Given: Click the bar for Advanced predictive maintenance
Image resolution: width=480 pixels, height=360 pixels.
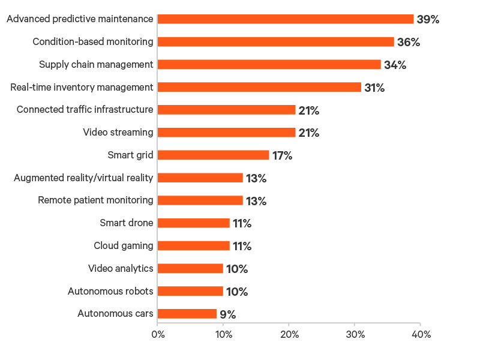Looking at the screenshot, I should (286, 19).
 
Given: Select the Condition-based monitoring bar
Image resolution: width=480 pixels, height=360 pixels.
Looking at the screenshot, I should (276, 42).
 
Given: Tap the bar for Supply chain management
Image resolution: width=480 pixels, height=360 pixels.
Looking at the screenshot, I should (269, 65).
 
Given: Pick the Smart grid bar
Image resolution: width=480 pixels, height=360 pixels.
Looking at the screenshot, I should (214, 155).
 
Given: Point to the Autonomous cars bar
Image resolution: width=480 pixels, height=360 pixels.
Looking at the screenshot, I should (187, 314).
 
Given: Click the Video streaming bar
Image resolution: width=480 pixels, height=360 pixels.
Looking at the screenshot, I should (227, 133).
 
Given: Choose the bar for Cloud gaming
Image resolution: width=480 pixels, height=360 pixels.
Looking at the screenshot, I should (194, 246).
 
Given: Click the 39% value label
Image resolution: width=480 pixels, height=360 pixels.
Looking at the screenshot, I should (428, 20).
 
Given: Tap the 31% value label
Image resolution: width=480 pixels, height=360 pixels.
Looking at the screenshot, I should (374, 88).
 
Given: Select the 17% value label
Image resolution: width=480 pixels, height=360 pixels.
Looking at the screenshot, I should (282, 156).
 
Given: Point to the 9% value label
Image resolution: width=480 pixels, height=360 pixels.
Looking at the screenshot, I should (227, 314).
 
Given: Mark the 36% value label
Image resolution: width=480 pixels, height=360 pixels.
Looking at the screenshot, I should (408, 43).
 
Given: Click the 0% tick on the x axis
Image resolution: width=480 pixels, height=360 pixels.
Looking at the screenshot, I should (157, 334).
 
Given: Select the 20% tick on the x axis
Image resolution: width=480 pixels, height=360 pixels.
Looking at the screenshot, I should (289, 334).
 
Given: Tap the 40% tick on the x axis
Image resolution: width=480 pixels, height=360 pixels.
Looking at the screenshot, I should (420, 334).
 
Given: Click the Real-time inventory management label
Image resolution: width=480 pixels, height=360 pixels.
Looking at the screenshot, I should (82, 88).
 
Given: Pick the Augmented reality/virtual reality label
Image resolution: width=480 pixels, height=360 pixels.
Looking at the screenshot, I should (83, 178).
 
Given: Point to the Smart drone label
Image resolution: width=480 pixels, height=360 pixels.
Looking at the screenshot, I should (127, 223).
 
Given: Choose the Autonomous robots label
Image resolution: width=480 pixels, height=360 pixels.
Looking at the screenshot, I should (111, 292).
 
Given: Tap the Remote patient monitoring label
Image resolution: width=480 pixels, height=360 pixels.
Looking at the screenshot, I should (95, 200).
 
